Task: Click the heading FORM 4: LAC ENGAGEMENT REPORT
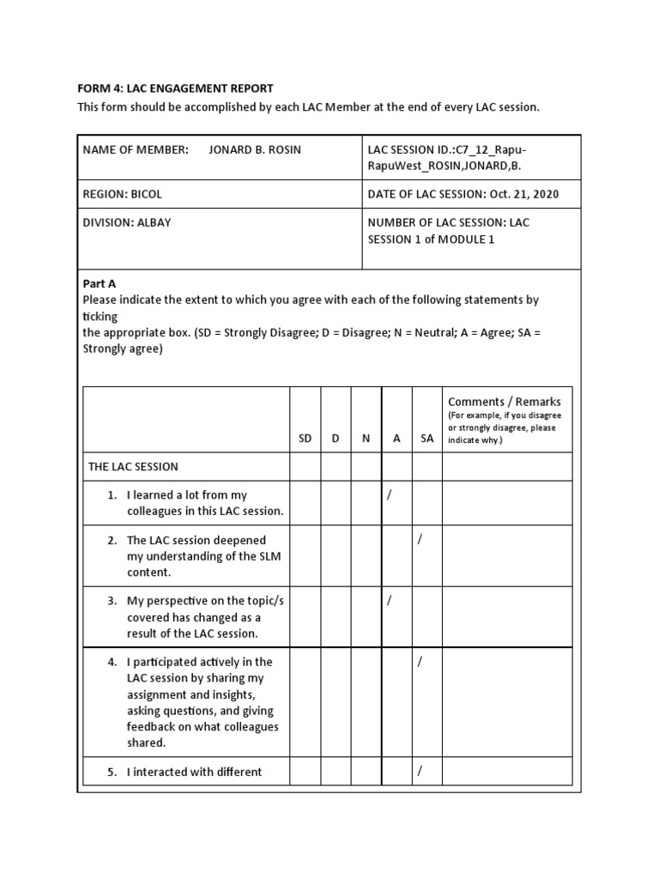coord(175,88)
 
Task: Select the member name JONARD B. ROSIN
coord(255,149)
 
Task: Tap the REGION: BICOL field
coord(123,194)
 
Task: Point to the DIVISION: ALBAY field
coord(126,222)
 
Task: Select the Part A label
coord(99,284)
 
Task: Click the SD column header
coord(305,438)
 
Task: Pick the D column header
coord(336,438)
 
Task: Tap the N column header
coord(366,438)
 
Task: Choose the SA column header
coord(427,438)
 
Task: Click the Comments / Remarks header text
coord(505,402)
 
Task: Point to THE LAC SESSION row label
coord(133,467)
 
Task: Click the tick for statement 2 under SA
coord(420,540)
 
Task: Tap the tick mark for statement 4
coord(420,662)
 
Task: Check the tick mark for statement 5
coord(420,771)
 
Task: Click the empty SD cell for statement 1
coord(305,502)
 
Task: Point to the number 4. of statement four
coord(112,662)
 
